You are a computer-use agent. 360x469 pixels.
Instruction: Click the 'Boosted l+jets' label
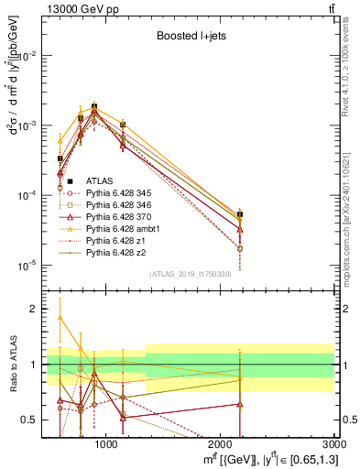click(x=191, y=36)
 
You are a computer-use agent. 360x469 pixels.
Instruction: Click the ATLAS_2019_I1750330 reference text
click(x=191, y=274)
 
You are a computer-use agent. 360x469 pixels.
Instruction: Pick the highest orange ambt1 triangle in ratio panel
click(x=60, y=317)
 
